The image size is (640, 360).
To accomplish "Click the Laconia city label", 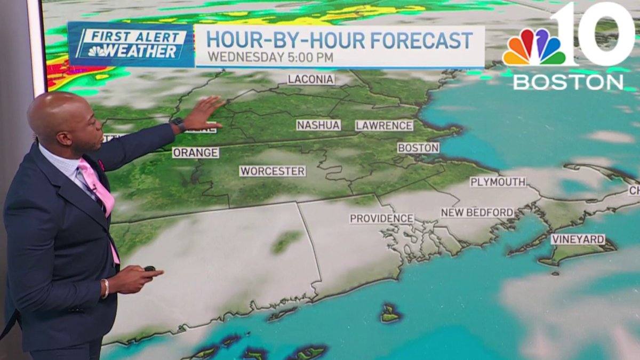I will pyautogui.click(x=311, y=79).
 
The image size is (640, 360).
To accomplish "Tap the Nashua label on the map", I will pyautogui.click(x=318, y=125).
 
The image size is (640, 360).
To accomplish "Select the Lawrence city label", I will pyautogui.click(x=384, y=125).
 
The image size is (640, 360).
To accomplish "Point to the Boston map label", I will pyautogui.click(x=418, y=148).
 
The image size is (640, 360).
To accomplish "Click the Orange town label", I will pyautogui.click(x=195, y=153).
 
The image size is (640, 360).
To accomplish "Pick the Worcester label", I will pyautogui.click(x=273, y=171).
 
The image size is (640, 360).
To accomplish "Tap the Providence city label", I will pyautogui.click(x=381, y=219).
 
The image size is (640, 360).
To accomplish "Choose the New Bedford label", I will pyautogui.click(x=477, y=213).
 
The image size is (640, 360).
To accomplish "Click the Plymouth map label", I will pyautogui.click(x=498, y=182).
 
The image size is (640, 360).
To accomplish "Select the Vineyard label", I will pyautogui.click(x=578, y=239).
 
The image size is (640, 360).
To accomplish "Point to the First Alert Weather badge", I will pyautogui.click(x=131, y=44).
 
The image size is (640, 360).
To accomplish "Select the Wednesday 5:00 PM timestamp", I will pyautogui.click(x=270, y=57).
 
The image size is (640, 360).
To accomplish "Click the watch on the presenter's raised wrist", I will pyautogui.click(x=178, y=125).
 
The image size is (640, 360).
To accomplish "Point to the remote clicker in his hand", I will pyautogui.click(x=150, y=269).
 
